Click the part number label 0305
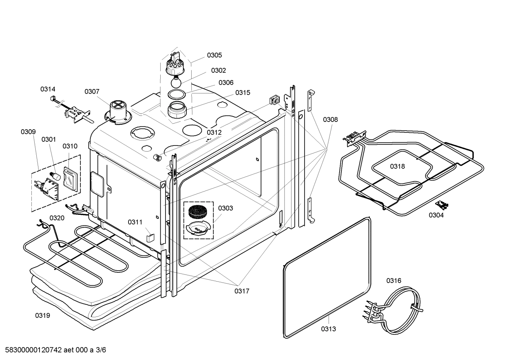214,55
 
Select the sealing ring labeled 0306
176,94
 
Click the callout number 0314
48,89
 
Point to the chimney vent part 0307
117,112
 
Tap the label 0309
28,132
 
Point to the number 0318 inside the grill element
397,166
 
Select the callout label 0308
330,120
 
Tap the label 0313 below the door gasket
328,329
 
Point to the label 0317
242,291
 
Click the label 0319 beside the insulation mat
42,315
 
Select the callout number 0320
57,218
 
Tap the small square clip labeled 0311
150,236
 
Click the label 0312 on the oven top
214,132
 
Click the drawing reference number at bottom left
54,350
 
